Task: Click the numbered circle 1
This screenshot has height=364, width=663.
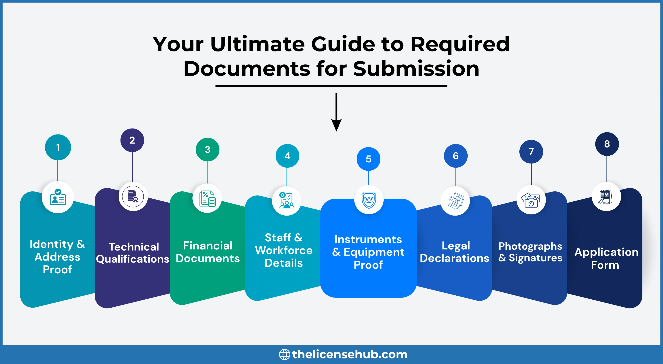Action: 58,147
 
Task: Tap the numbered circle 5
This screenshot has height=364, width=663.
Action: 368,159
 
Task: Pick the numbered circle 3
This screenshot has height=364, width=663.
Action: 207,149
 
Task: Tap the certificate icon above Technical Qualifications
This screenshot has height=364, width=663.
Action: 133,197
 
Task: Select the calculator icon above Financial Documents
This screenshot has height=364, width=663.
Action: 207,198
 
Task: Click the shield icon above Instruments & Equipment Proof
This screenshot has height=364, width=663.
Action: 369,200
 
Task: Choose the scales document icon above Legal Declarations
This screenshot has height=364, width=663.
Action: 455,201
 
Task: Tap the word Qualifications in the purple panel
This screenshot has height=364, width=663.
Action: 133,259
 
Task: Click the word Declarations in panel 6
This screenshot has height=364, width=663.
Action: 454,258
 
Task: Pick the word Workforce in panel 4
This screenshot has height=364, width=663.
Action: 284,251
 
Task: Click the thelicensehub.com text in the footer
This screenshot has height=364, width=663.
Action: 350,354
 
